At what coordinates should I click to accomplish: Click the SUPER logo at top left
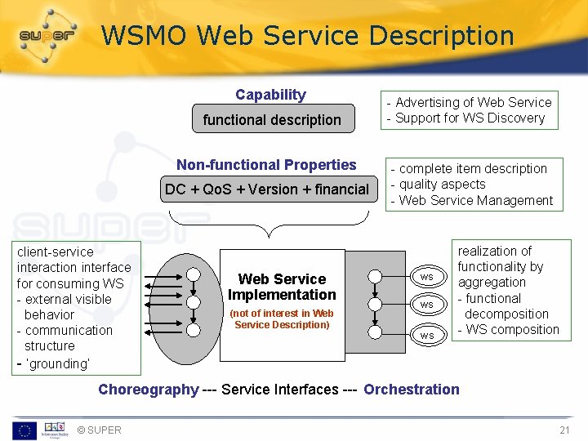point(47,36)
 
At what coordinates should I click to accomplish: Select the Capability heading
point(270,95)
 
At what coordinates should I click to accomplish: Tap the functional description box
point(272,119)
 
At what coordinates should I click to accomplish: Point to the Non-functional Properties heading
point(266,165)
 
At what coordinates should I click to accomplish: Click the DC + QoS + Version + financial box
point(267,189)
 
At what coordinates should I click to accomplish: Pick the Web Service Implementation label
point(282,287)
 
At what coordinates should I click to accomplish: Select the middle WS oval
point(426,305)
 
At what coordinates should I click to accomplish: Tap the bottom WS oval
point(426,335)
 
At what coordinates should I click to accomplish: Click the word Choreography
point(148,390)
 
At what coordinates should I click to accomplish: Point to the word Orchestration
point(412,390)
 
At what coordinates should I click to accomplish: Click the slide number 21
point(564,430)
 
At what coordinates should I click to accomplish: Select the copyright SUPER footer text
point(99,430)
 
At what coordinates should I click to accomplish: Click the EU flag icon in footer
point(24,430)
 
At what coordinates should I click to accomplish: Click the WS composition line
point(512,330)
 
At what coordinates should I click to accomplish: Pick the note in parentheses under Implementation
point(282,318)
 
